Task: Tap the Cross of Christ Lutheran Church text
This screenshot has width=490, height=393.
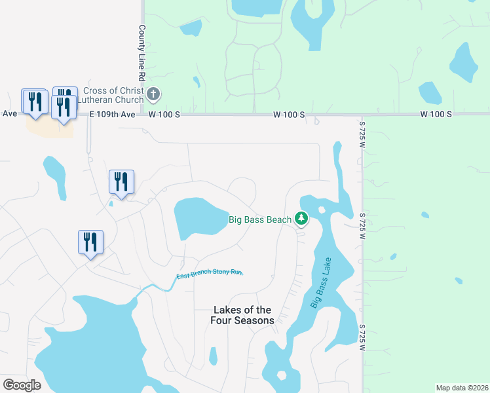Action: pos(113,95)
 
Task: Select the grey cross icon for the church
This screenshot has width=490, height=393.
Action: pos(153,95)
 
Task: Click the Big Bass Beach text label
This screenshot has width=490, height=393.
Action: pos(259,219)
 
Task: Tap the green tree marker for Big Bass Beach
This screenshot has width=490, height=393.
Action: pos(301,217)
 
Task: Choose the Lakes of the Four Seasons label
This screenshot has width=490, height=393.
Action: pos(241,315)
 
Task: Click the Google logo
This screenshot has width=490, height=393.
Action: pos(22,385)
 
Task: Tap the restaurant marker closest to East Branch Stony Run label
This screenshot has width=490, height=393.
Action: pos(89,242)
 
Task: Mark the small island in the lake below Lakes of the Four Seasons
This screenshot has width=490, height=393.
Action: pos(282,375)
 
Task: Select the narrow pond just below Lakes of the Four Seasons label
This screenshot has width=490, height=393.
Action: pos(212,356)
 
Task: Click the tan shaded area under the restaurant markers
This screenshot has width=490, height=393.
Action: pos(49,126)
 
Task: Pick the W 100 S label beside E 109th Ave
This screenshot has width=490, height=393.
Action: pos(164,114)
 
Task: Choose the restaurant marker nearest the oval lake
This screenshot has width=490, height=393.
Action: pos(121,181)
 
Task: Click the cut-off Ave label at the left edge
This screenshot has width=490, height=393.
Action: pos(9,113)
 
